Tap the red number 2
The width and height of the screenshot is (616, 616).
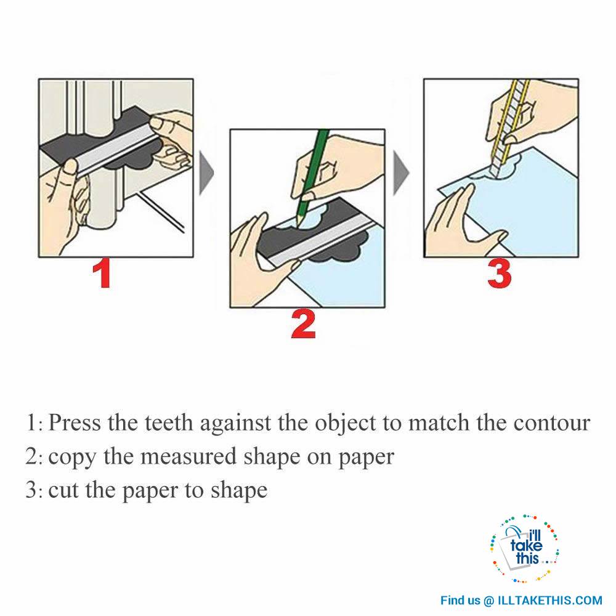303,325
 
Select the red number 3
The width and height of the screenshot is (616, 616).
500,274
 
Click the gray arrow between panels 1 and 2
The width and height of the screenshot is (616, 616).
206,172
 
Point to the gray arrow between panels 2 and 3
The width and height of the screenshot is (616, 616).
401,172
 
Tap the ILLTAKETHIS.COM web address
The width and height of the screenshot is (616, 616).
550,601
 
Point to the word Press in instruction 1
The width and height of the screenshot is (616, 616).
75,423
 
